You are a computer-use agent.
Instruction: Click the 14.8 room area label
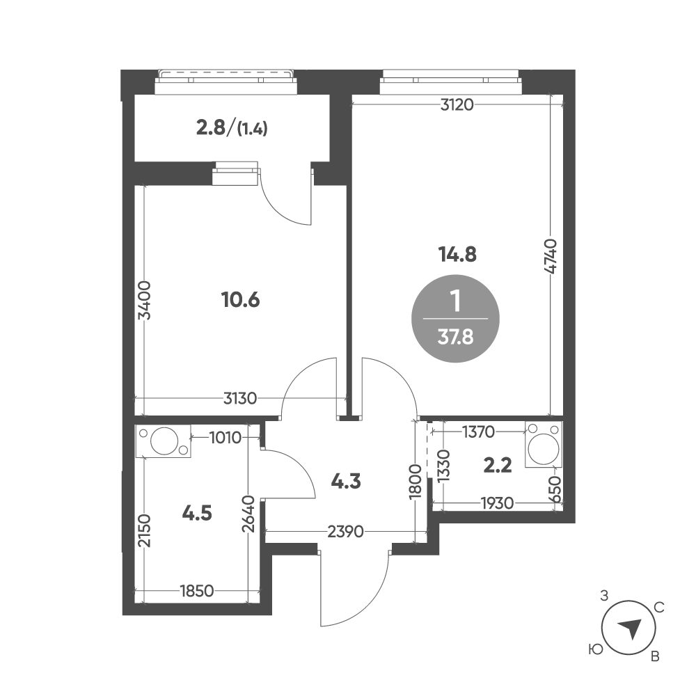[457, 255]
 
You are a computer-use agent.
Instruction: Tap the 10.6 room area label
[240, 300]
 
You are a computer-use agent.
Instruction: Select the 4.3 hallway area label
[346, 481]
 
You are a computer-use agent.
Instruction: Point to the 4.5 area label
[197, 514]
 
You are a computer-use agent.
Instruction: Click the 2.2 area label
[497, 466]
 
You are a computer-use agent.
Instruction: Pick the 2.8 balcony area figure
[210, 129]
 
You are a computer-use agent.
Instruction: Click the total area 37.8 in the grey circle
[455, 338]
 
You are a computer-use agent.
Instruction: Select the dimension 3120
[457, 105]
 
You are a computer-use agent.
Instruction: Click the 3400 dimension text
[145, 300]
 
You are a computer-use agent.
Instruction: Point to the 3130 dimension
[240, 399]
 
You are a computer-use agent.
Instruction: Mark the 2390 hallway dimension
[345, 531]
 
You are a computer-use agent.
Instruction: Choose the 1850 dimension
[197, 591]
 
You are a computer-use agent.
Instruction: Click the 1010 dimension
[225, 438]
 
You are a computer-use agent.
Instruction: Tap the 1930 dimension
[497, 503]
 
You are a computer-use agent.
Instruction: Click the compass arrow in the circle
[629, 628]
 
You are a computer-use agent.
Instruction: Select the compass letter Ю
[596, 650]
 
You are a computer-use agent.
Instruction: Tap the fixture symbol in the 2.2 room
[544, 444]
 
